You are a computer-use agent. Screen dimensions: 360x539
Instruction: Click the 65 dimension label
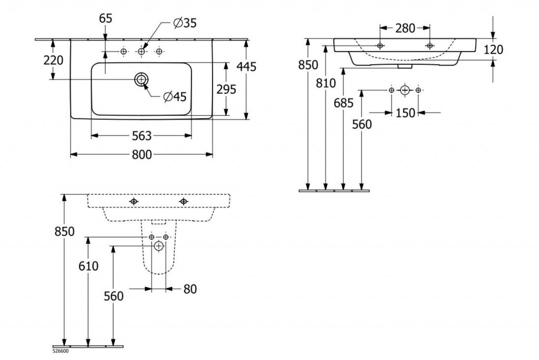click(105, 18)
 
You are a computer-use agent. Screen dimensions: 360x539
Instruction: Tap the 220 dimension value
click(53, 60)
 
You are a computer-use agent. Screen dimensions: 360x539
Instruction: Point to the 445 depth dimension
click(246, 67)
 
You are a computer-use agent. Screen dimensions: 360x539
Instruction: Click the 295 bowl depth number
click(226, 89)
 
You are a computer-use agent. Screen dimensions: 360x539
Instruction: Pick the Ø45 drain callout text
click(175, 97)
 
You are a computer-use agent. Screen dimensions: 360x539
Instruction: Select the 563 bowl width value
click(141, 136)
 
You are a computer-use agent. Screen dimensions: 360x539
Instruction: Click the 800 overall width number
click(141, 155)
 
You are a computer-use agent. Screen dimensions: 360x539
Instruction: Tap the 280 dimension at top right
click(405, 28)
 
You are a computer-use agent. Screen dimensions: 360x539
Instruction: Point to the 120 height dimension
click(493, 50)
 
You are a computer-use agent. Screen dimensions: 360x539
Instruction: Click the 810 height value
click(326, 83)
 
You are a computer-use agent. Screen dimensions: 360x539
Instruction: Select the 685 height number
click(343, 104)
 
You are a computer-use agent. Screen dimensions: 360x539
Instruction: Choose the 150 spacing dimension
click(405, 113)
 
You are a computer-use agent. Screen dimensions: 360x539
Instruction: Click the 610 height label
click(88, 266)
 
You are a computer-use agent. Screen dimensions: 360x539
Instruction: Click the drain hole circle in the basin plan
click(141, 79)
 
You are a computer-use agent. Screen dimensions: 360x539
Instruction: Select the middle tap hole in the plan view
click(141, 51)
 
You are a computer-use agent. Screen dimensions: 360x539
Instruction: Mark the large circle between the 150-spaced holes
click(404, 90)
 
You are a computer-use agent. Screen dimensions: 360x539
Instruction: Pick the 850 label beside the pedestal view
click(64, 231)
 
